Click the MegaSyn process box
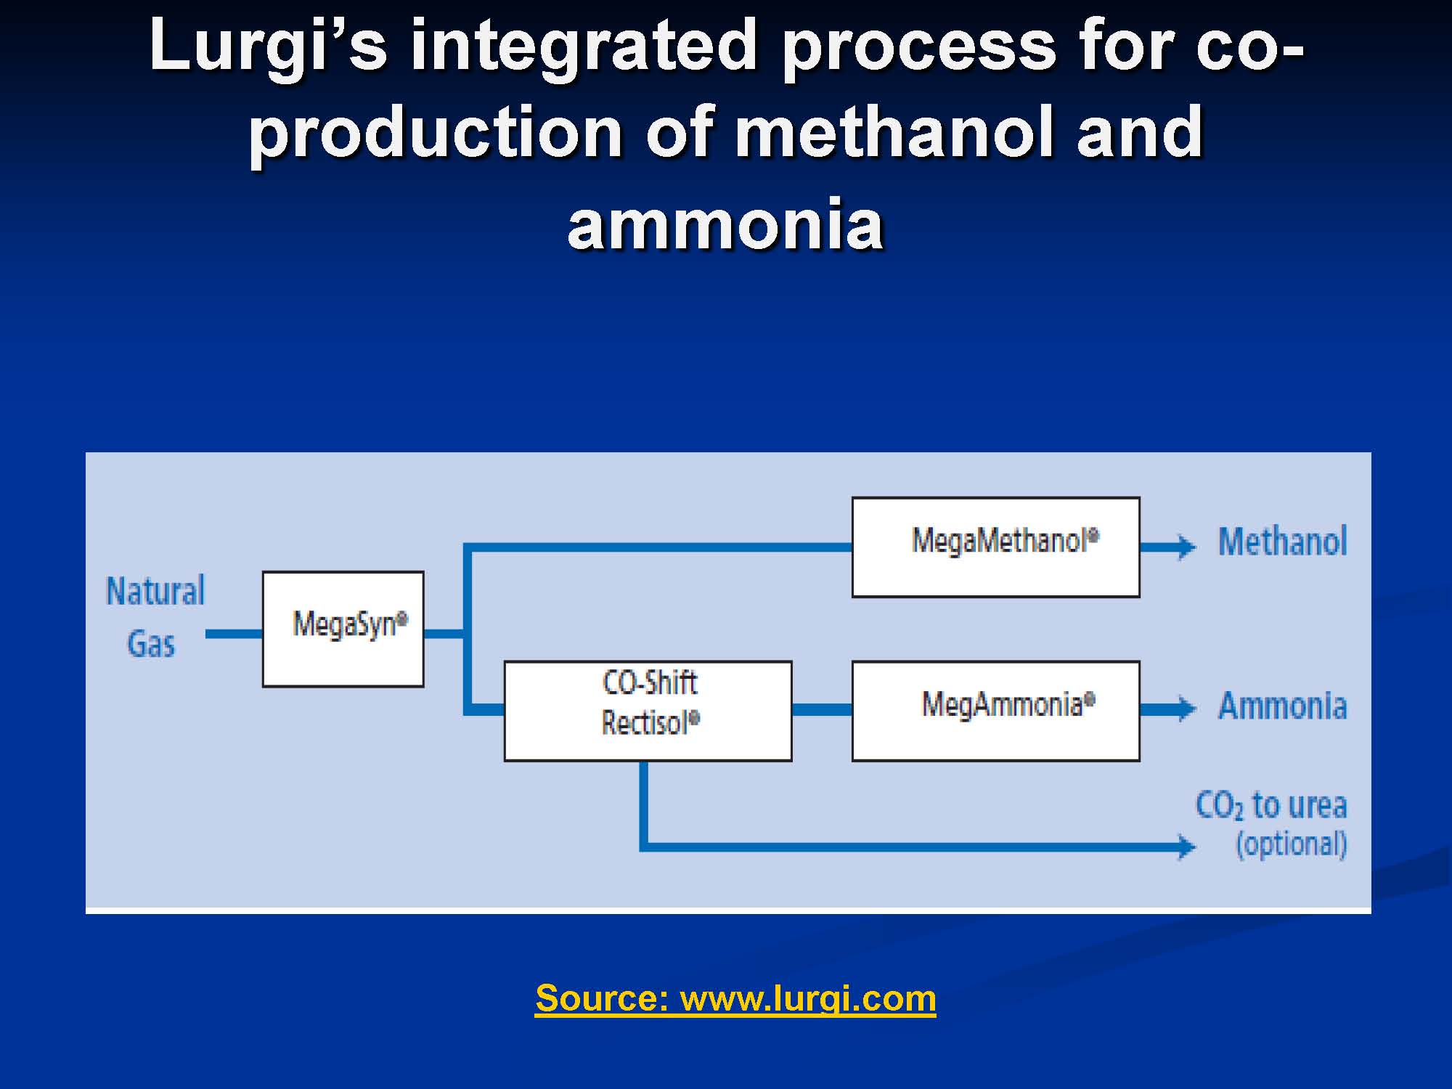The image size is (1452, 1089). (343, 629)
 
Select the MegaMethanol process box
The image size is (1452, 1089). (995, 547)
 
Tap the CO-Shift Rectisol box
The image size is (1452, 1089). (648, 711)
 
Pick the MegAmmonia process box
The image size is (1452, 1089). (995, 711)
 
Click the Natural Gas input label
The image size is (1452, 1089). (155, 617)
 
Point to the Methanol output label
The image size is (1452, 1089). (1282, 542)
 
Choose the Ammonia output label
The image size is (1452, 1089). (1282, 706)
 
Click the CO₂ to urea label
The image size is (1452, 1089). (1271, 805)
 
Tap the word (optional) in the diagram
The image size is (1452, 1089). (1292, 844)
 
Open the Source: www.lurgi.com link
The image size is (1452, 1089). (735, 998)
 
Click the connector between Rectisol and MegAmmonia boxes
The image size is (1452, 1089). (822, 709)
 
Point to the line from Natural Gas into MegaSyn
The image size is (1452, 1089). (234, 634)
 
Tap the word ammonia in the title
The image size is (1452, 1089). (725, 224)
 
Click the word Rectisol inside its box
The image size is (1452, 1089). (650, 722)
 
